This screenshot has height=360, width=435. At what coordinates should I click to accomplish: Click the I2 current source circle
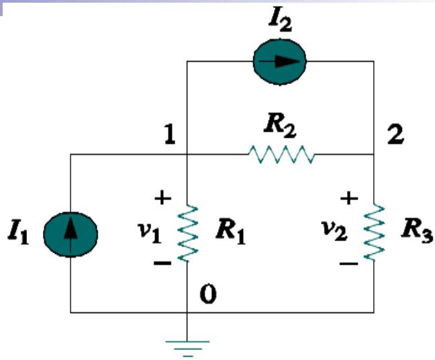click(x=279, y=62)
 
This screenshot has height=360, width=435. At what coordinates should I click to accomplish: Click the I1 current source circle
click(x=70, y=234)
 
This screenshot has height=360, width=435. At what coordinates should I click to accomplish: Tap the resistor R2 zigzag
click(x=280, y=155)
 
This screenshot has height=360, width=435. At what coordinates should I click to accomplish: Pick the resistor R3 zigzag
click(x=375, y=233)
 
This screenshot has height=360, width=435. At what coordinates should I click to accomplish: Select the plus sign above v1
click(x=162, y=198)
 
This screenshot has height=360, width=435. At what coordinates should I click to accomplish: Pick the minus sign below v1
click(x=162, y=263)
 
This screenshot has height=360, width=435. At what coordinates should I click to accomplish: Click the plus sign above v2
click(x=350, y=198)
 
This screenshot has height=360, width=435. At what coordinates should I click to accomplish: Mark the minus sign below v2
click(x=348, y=263)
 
